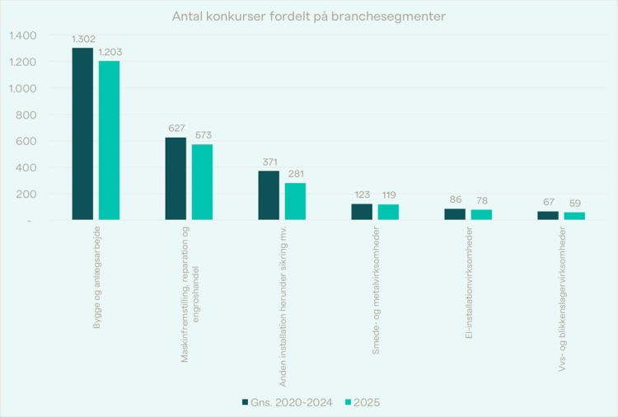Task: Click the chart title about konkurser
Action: coord(309,16)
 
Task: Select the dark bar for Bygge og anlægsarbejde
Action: coord(82,134)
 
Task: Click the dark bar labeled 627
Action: coord(176,178)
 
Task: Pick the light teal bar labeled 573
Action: coord(202,182)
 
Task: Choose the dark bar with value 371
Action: coord(269,195)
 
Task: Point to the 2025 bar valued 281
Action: coord(295,201)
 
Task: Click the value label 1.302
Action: coord(83,39)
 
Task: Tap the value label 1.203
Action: coord(110,52)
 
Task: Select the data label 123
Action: coord(362,195)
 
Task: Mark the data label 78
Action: coord(481,201)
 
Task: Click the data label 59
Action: coord(574,204)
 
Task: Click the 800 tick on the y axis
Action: coord(26,115)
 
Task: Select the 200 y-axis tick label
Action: coord(26,194)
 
